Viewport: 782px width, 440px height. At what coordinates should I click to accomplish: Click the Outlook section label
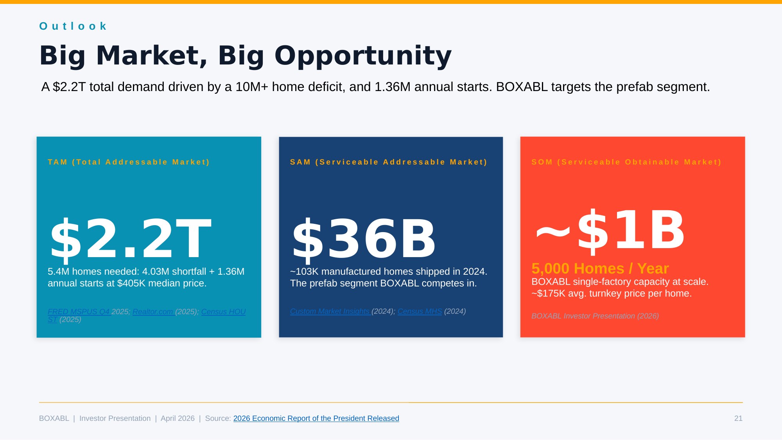click(73, 26)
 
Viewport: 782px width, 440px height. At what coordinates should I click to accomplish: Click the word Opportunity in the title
click(363, 56)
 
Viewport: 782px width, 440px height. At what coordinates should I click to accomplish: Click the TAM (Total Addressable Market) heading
click(129, 162)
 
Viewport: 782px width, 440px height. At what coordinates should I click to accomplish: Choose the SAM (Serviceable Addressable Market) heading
click(389, 162)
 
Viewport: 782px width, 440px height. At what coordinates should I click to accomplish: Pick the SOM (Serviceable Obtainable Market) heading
click(626, 162)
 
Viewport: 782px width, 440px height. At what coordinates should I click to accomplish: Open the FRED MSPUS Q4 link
click(79, 312)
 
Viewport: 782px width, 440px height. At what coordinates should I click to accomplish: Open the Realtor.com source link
click(153, 312)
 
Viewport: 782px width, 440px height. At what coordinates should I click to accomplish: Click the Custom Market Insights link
click(330, 311)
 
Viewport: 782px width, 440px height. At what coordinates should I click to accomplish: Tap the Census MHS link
click(420, 311)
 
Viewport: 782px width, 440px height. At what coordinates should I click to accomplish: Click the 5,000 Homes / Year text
click(600, 268)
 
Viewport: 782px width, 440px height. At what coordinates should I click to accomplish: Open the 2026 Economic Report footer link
click(316, 419)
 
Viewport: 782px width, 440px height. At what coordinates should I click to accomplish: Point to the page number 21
click(738, 419)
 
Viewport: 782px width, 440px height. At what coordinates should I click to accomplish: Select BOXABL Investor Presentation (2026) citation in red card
click(595, 316)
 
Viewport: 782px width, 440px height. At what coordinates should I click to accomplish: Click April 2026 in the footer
click(178, 419)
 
